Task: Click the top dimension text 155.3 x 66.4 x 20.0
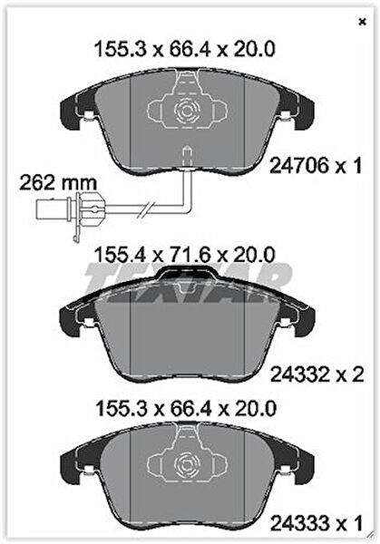coord(185,49)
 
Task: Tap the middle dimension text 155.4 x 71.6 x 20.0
coord(185,255)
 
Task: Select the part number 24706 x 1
coord(316,166)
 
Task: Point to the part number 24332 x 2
coord(317,374)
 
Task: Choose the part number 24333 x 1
coord(317,523)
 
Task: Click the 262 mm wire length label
coord(58,183)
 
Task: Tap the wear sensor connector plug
coord(70,209)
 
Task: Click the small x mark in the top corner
coord(362,22)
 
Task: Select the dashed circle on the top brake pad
coord(187,111)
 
